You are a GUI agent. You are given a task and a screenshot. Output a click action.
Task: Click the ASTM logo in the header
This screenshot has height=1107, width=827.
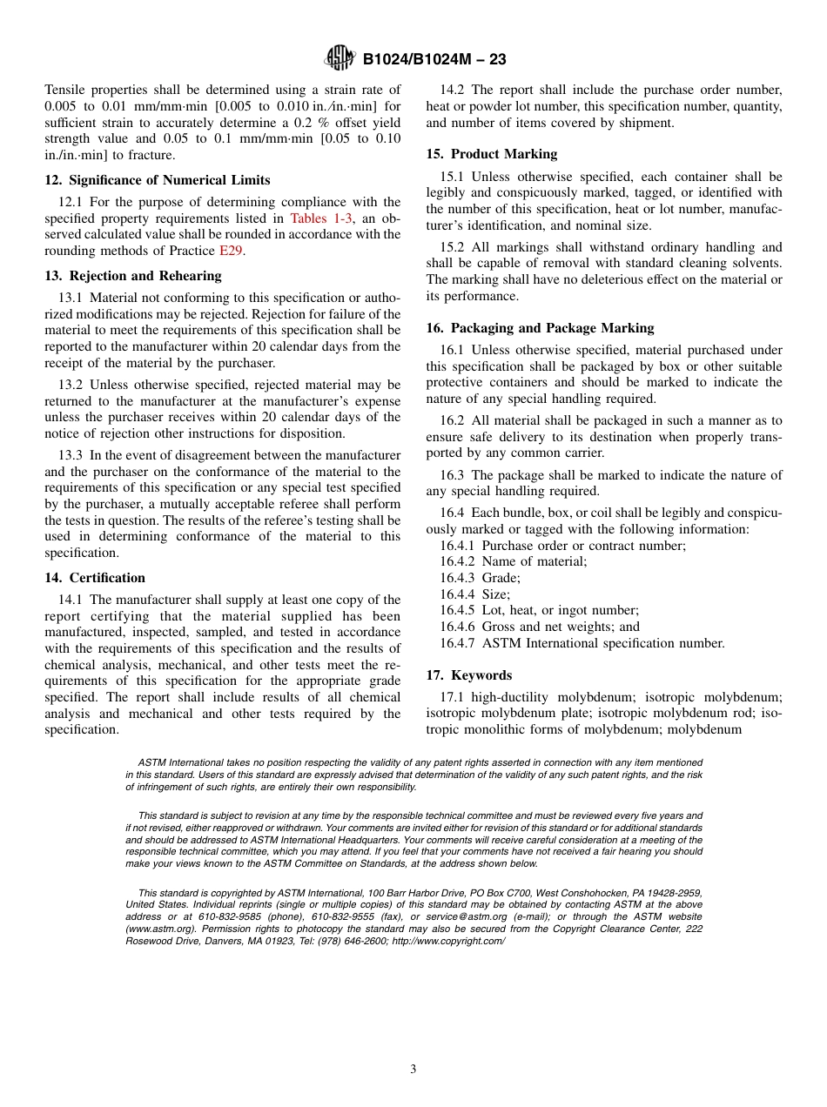click(340, 59)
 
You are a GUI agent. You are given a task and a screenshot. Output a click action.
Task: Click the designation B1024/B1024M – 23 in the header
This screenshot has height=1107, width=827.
click(434, 60)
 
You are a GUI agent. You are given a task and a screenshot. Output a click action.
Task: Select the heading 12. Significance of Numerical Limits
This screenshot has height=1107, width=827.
click(157, 180)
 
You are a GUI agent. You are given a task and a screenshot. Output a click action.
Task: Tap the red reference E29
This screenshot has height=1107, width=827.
click(230, 251)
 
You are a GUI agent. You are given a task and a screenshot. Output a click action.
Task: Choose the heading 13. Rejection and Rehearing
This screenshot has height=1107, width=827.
click(133, 276)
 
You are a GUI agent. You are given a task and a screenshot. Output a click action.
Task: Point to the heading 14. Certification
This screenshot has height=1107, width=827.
click(95, 578)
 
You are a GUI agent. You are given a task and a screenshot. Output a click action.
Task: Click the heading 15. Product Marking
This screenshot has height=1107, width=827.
click(491, 154)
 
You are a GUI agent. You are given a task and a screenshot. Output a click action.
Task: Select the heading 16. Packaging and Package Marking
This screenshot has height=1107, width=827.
click(540, 328)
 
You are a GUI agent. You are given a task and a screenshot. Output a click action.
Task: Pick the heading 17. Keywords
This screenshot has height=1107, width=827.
click(468, 675)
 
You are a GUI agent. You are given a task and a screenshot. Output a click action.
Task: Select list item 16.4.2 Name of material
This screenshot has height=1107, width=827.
click(513, 561)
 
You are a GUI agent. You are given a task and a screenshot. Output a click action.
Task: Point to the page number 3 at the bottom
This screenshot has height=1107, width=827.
click(413, 1069)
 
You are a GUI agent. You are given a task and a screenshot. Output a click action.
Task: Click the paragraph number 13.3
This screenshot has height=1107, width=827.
click(71, 455)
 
